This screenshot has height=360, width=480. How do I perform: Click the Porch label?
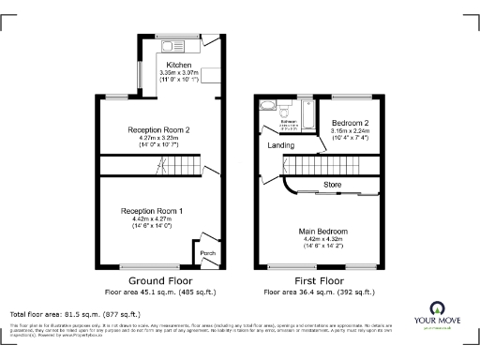click(x=206, y=252)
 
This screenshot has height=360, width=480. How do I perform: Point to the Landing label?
click(x=280, y=145)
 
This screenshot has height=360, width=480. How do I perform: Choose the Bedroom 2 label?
click(x=352, y=124)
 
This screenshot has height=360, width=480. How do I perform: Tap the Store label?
click(x=332, y=184)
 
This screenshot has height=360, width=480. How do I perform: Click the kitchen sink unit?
click(x=174, y=45)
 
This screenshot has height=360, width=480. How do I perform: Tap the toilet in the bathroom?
click(x=285, y=109)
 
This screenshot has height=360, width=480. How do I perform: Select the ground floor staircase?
click(x=174, y=169)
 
